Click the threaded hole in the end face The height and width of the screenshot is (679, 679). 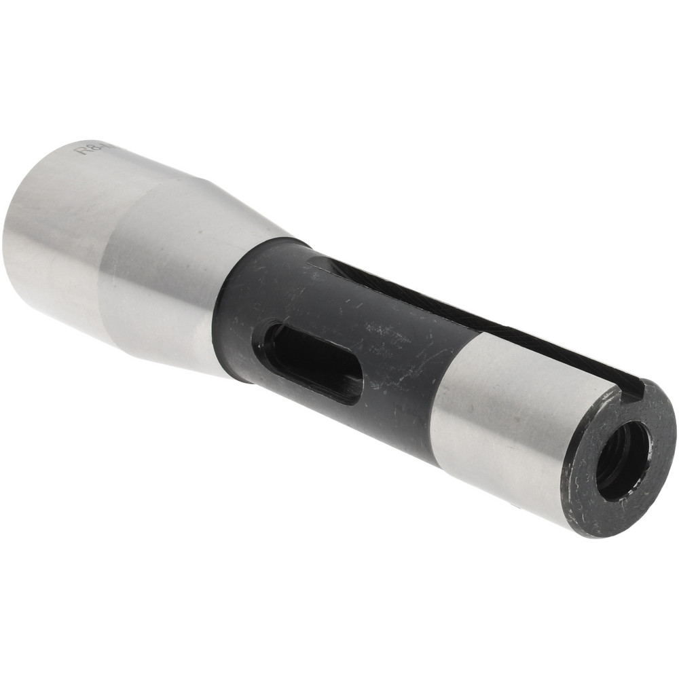[623, 462]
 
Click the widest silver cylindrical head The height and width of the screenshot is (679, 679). [61, 224]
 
